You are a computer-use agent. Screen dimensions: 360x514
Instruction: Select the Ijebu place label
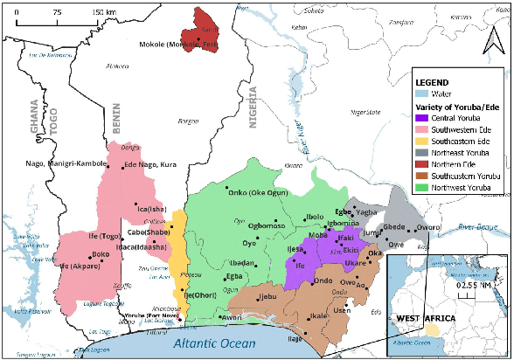[262, 296]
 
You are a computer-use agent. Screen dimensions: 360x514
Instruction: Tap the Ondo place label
[323, 280]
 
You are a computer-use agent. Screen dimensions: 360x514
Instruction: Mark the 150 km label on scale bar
[104, 12]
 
